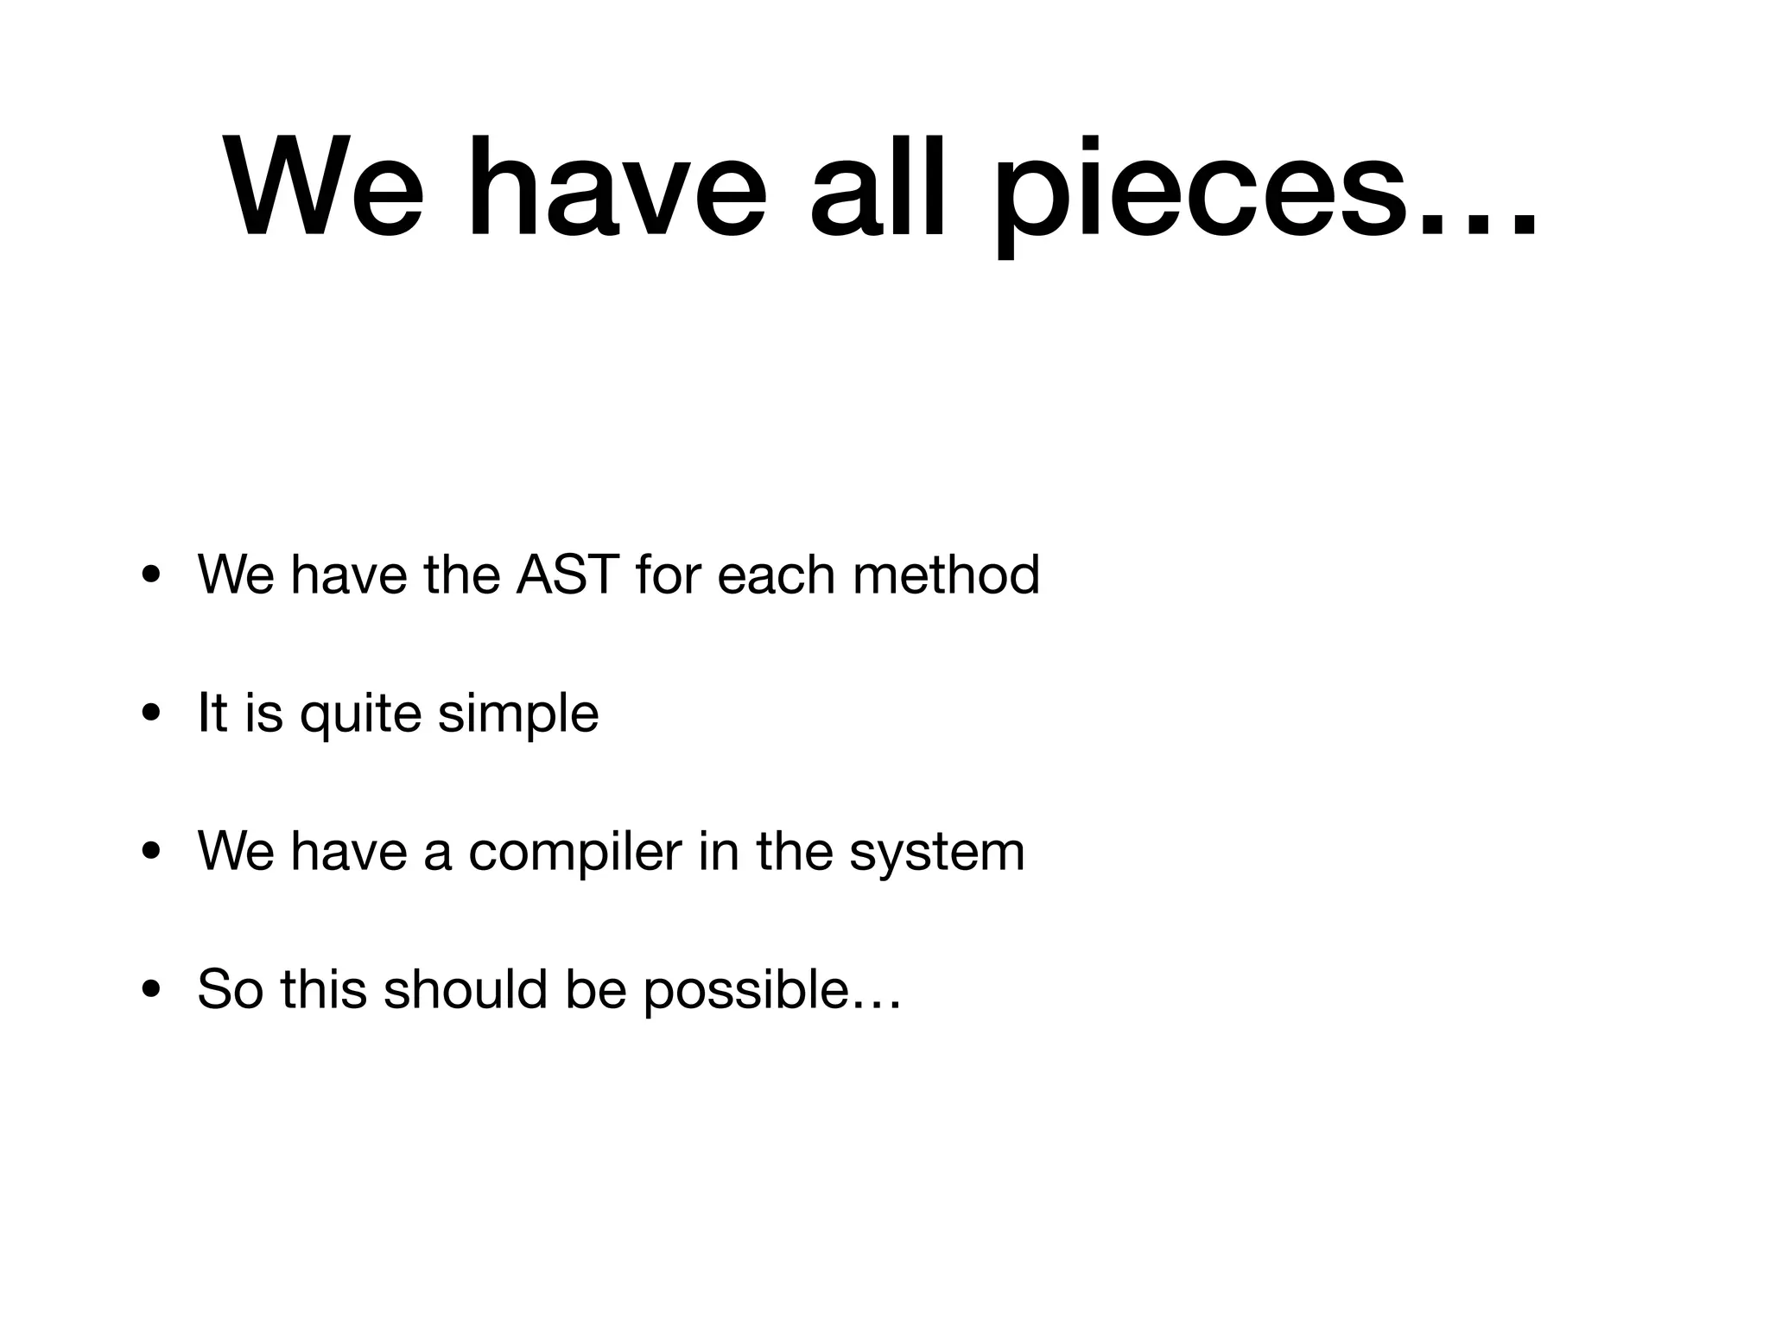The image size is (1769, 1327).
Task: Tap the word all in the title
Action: click(877, 186)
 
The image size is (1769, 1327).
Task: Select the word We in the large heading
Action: click(324, 186)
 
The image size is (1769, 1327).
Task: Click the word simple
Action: click(517, 716)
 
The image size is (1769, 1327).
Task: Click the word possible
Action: click(747, 991)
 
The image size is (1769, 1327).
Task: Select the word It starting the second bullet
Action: click(212, 714)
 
